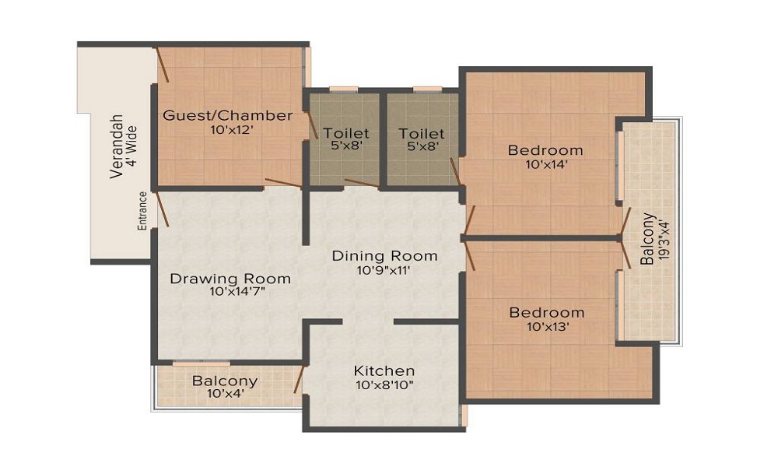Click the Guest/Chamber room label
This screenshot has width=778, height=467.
tap(228, 116)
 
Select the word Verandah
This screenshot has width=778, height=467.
tap(117, 146)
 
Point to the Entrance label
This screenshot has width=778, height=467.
tap(142, 211)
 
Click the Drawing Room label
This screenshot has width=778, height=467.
tap(230, 279)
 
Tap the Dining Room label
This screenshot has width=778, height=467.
tap(384, 256)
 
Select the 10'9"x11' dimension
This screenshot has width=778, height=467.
tap(383, 271)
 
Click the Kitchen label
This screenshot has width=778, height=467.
tap(384, 370)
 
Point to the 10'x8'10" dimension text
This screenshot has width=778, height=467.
tap(384, 384)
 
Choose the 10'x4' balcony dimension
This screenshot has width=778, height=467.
tap(226, 394)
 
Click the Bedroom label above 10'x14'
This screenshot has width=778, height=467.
tap(545, 150)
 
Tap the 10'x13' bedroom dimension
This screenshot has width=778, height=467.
tap(548, 327)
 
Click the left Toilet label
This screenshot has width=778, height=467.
tap(346, 133)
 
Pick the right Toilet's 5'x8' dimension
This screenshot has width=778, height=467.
tap(422, 146)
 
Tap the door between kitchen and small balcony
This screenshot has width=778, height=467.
tap(299, 380)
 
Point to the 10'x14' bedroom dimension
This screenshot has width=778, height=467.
tap(546, 163)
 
